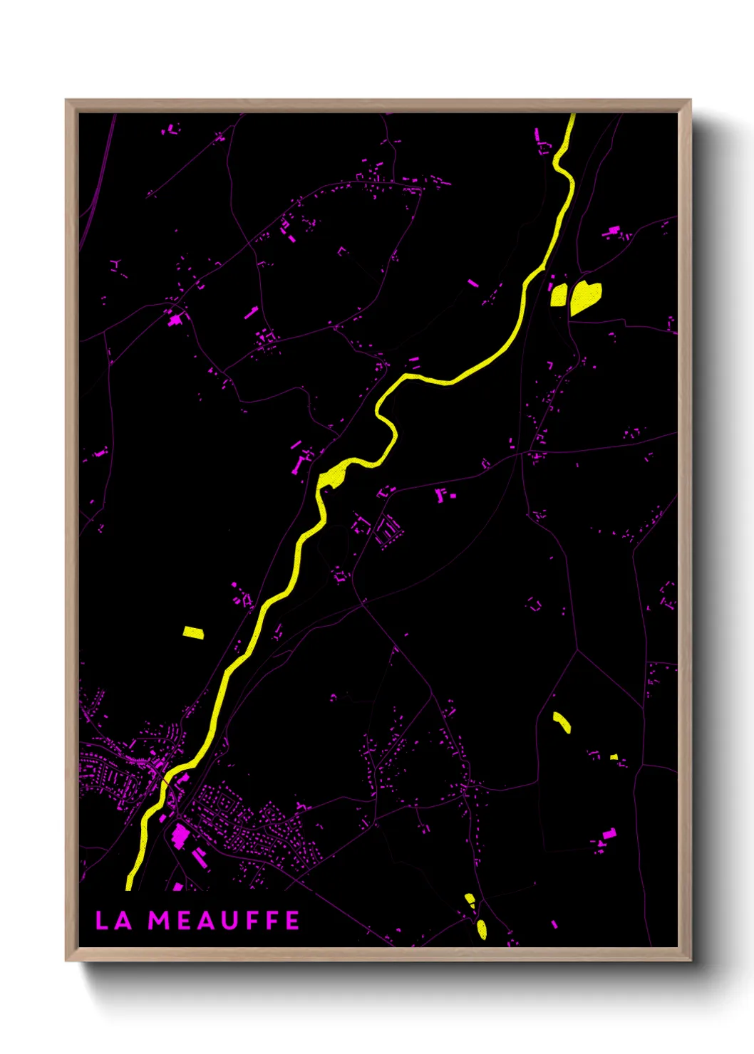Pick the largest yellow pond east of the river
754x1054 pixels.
tap(584, 297)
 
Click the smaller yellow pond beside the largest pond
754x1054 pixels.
tap(559, 294)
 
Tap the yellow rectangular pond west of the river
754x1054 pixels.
tap(192, 632)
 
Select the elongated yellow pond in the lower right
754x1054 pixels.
tap(562, 722)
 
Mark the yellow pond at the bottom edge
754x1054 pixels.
tap(481, 929)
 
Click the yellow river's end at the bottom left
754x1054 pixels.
tap(130, 885)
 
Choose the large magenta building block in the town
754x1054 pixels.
tap(180, 835)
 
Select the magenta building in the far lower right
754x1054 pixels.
tap(609, 833)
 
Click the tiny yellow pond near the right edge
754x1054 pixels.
tap(614, 756)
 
